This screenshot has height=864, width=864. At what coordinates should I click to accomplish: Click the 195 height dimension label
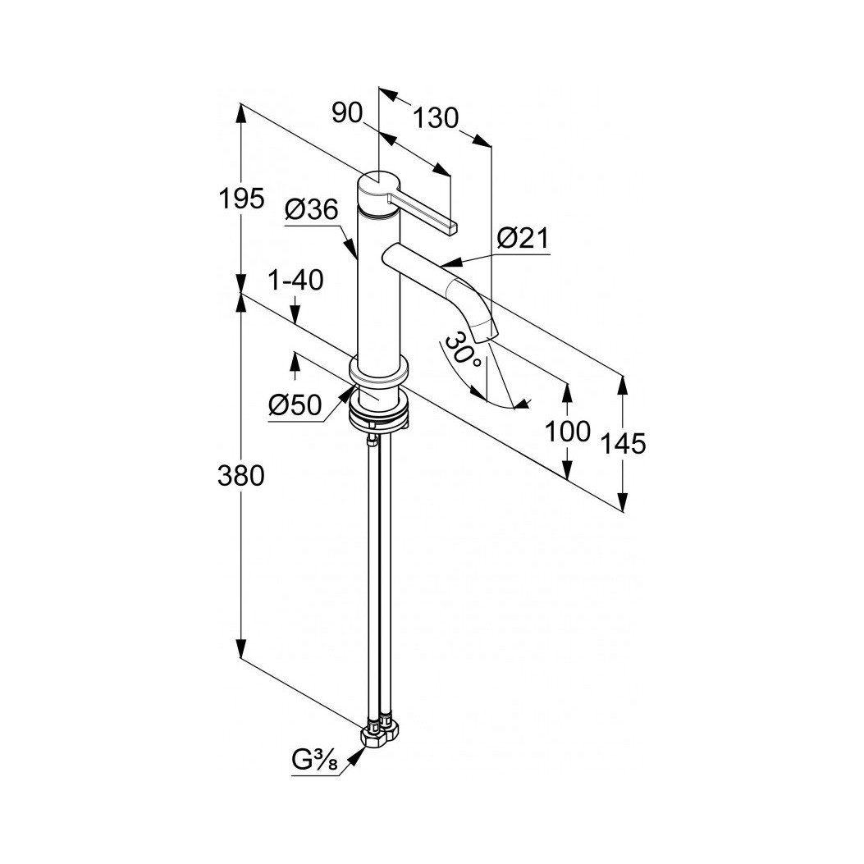(x=241, y=199)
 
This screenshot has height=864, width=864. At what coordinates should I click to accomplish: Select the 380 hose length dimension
(x=240, y=476)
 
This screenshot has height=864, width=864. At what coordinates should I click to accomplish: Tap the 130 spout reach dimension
(x=436, y=117)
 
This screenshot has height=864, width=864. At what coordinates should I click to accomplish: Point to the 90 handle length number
(x=347, y=113)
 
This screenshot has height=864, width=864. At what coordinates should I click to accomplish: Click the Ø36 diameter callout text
(x=312, y=210)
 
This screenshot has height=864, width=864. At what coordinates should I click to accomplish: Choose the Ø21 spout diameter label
(x=523, y=239)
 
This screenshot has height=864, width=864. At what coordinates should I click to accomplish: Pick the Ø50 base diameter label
(x=295, y=406)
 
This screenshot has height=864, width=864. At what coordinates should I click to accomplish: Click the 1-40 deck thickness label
(x=295, y=281)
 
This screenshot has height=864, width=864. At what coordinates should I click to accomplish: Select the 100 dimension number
(x=568, y=431)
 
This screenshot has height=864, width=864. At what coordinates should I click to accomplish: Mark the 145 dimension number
(x=623, y=443)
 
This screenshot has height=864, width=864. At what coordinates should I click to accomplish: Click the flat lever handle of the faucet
(x=423, y=213)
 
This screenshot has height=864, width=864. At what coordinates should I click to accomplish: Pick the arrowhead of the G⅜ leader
(x=357, y=756)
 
